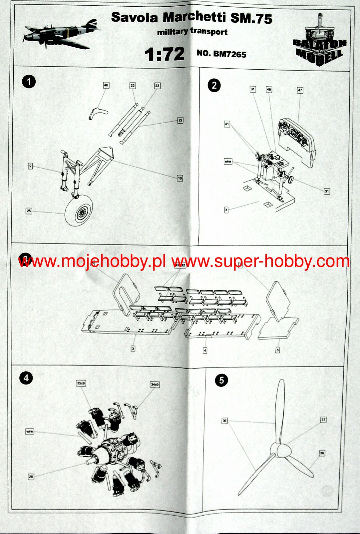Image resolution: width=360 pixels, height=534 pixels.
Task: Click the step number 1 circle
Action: pyautogui.click(x=29, y=82)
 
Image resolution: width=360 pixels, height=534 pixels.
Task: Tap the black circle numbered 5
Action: pyautogui.click(x=221, y=380)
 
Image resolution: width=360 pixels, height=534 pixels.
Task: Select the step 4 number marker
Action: pyautogui.click(x=26, y=378)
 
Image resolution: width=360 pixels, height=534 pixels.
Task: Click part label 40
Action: pyautogui.click(x=106, y=85)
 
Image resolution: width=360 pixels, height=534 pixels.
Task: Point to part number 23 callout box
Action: pyautogui.click(x=157, y=86)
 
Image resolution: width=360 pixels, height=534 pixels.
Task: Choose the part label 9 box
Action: pyautogui.click(x=30, y=166)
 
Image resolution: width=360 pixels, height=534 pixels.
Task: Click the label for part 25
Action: pyautogui.click(x=29, y=211)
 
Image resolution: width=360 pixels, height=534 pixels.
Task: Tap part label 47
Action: pyautogui.click(x=300, y=90)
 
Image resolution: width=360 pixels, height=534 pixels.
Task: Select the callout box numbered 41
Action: pyautogui.click(x=227, y=124)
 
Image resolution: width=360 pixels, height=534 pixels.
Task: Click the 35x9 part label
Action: pyautogui.click(x=81, y=383)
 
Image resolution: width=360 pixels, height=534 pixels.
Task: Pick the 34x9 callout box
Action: pyautogui.click(x=155, y=384)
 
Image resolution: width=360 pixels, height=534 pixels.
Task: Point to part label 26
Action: pyautogui.click(x=31, y=477)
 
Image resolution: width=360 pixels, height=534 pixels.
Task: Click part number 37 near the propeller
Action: pyautogui.click(x=323, y=420)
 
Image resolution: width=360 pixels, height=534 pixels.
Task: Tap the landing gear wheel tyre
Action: pyautogui.click(x=79, y=211)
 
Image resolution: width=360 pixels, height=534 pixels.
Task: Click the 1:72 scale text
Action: pyautogui.click(x=165, y=54)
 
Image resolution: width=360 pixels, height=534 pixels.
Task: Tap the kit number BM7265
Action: pyautogui.click(x=221, y=54)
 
